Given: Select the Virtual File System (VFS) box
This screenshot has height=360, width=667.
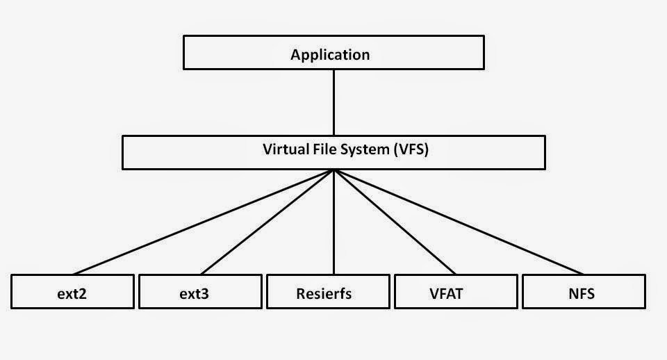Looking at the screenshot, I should click(333, 152).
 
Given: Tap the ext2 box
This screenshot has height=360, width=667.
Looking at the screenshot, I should click(73, 292).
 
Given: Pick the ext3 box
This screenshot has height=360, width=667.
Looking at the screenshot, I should click(200, 292).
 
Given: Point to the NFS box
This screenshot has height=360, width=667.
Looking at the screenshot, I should click(584, 292).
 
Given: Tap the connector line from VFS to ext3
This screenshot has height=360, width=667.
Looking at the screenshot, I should click(268, 222).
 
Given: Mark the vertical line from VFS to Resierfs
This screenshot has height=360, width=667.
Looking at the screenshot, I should click(334, 222).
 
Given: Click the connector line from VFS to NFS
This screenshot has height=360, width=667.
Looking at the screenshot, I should click(459, 222).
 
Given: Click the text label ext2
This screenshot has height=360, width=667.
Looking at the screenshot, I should click(73, 293).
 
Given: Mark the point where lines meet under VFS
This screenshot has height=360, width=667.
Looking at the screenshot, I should click(334, 171).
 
